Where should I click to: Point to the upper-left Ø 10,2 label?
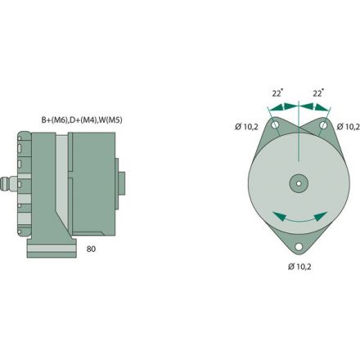click(247, 127)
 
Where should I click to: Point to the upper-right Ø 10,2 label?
click(347, 127)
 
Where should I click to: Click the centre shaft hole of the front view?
click(298, 182)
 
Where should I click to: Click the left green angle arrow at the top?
click(283, 107)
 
